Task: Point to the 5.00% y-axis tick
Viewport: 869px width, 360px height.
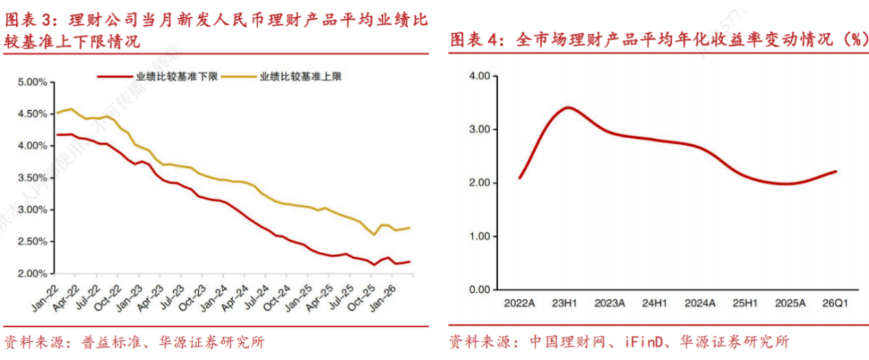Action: (x=32, y=82)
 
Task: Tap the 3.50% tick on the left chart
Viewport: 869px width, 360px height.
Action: (x=32, y=178)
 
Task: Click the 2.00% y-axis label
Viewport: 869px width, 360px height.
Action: (x=32, y=274)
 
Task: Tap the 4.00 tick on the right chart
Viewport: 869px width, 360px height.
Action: (x=477, y=76)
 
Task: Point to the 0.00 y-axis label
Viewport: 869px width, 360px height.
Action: (x=477, y=290)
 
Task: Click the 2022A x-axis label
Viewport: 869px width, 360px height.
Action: (x=519, y=303)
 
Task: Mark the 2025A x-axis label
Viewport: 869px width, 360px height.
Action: (x=791, y=303)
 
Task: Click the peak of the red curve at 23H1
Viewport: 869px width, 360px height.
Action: (x=568, y=107)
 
